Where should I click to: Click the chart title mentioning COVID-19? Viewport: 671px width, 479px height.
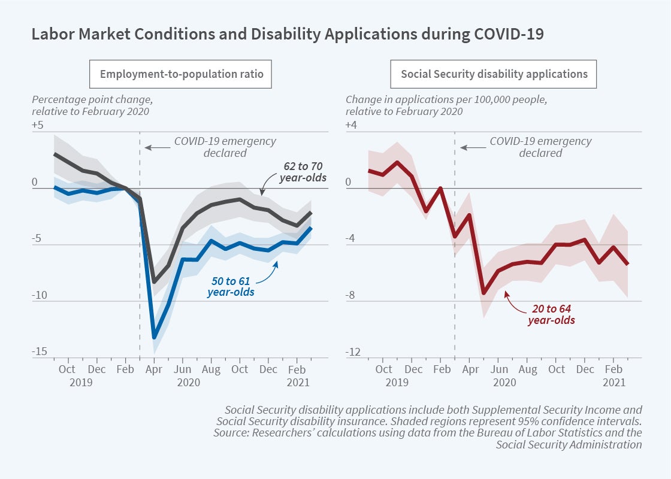point(288,34)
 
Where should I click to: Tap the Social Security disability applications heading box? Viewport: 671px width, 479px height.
point(494,75)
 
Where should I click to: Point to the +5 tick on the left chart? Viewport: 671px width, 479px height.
point(38,125)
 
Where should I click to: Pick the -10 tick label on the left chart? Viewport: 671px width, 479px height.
point(39,295)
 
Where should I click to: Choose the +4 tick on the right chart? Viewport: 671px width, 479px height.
point(352,125)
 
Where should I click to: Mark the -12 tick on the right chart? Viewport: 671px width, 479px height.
point(353,351)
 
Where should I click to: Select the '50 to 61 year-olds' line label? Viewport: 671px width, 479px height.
point(231,286)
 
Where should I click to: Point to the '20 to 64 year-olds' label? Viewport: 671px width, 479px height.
point(551,315)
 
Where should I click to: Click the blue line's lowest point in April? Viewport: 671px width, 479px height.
point(155,337)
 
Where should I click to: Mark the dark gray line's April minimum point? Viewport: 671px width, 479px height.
point(155,281)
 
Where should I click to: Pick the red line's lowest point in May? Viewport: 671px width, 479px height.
point(484,293)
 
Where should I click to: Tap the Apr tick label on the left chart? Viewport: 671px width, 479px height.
point(154,369)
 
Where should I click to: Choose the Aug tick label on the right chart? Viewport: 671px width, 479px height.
point(527,369)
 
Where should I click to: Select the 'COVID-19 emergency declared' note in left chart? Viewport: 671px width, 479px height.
point(225,147)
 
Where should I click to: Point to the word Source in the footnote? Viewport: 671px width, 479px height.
point(229,432)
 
